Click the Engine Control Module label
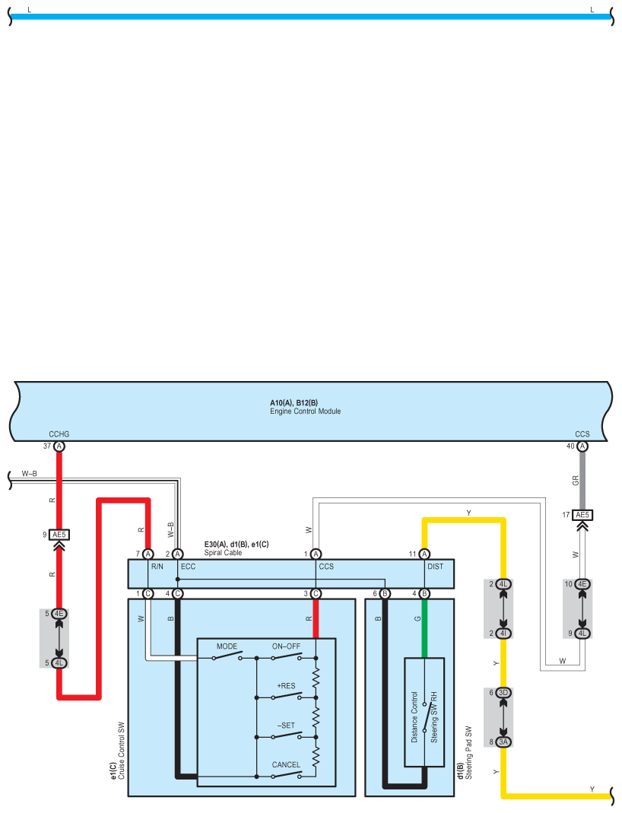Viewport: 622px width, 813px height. (305, 411)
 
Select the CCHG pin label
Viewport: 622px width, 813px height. (59, 434)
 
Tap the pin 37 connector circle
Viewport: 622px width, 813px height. (59, 446)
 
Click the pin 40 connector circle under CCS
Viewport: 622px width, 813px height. (582, 446)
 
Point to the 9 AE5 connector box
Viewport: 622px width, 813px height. (59, 535)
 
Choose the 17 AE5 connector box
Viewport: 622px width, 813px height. (582, 515)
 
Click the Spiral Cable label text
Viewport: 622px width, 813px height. (223, 553)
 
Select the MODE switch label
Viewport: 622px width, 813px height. (227, 646)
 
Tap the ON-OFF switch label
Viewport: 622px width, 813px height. (286, 646)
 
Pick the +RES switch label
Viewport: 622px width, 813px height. (286, 686)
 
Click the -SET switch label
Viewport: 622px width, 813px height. (285, 726)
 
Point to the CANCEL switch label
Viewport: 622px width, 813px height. (286, 765)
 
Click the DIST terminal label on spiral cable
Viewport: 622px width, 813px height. (436, 567)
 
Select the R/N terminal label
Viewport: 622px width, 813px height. (157, 567)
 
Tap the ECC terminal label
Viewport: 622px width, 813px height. (189, 567)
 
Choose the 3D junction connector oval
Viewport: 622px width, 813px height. (503, 693)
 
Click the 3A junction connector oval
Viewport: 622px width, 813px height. (503, 742)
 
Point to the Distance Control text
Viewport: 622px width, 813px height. (414, 716)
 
